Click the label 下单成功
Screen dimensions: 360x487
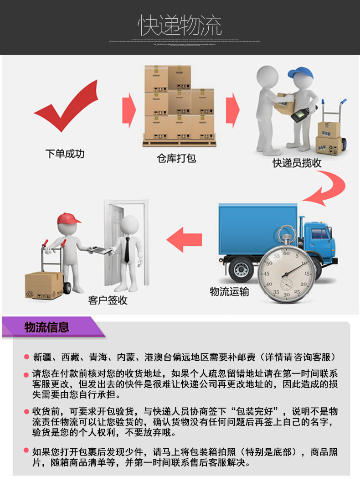coord(65,154)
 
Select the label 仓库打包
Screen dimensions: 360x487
coord(176,158)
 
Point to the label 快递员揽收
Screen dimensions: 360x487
coord(297,163)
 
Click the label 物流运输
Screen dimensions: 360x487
coord(229,291)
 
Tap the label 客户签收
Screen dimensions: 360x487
coord(108,300)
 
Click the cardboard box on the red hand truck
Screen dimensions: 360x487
coord(44,285)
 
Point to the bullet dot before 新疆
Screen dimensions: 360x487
coord(26,357)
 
